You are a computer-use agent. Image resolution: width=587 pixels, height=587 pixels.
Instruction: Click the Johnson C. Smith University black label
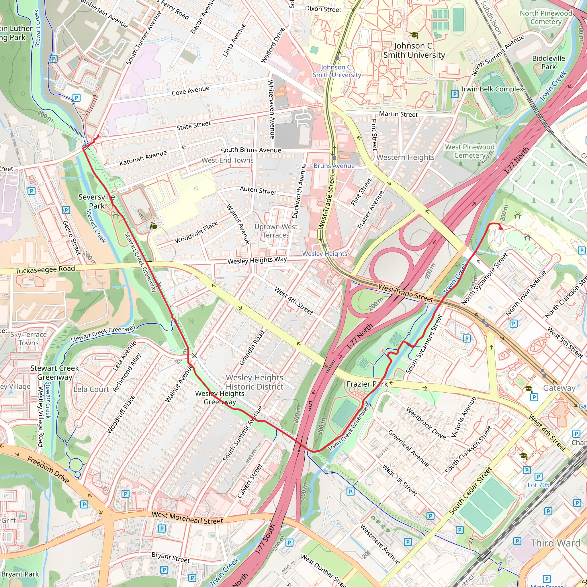click(x=414, y=50)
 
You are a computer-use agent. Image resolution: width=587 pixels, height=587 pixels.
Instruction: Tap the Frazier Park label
click(x=367, y=384)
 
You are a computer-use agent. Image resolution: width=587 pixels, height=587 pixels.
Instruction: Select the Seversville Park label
click(x=97, y=201)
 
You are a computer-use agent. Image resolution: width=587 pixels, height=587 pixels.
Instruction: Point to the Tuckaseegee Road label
click(x=45, y=269)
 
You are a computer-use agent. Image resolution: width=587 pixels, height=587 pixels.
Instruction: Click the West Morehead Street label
click(x=187, y=518)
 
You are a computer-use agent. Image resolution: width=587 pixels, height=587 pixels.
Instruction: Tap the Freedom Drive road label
click(x=48, y=470)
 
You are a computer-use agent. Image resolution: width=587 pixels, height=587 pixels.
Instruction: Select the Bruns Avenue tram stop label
click(x=334, y=166)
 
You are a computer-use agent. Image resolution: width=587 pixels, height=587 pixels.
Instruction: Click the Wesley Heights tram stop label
click(x=324, y=254)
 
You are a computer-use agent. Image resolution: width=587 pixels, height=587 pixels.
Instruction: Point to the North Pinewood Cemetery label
click(x=546, y=17)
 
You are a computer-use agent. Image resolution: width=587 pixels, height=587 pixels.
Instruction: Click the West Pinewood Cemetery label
click(x=470, y=151)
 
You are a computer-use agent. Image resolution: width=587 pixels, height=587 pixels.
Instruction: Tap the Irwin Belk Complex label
click(x=492, y=89)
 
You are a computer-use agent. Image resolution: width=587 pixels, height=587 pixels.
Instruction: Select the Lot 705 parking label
click(x=538, y=485)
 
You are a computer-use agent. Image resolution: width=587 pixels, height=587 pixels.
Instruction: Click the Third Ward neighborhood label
click(x=555, y=543)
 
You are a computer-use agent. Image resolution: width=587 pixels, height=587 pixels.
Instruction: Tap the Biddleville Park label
click(x=548, y=62)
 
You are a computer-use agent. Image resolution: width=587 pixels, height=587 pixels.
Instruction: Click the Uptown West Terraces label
click(x=276, y=231)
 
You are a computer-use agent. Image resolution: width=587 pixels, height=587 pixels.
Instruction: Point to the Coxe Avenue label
click(x=191, y=91)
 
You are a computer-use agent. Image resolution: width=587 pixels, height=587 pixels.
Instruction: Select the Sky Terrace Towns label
click(x=29, y=338)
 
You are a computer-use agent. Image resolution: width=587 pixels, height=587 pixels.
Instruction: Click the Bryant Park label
click(x=20, y=574)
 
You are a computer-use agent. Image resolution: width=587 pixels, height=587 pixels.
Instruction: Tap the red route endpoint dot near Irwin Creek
click(x=501, y=228)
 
